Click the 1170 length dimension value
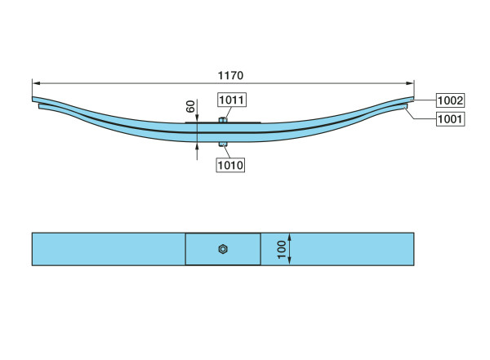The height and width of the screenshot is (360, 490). pyautogui.click(x=230, y=75)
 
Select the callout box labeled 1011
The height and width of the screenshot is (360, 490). pyautogui.click(x=232, y=100)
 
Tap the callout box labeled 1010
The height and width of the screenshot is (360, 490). pyautogui.click(x=230, y=165)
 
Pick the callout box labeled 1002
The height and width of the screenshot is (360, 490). pyautogui.click(x=450, y=100)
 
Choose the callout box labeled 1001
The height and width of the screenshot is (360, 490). pyautogui.click(x=450, y=118)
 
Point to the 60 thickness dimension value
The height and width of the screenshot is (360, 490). pyautogui.click(x=190, y=107)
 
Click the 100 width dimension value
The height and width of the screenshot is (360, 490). pyautogui.click(x=282, y=249)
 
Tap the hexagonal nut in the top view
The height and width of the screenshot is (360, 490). pyautogui.click(x=223, y=249)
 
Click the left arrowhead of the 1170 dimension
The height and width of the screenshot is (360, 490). pyautogui.click(x=36, y=83)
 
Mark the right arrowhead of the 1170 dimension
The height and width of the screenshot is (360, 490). pyautogui.click(x=410, y=83)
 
